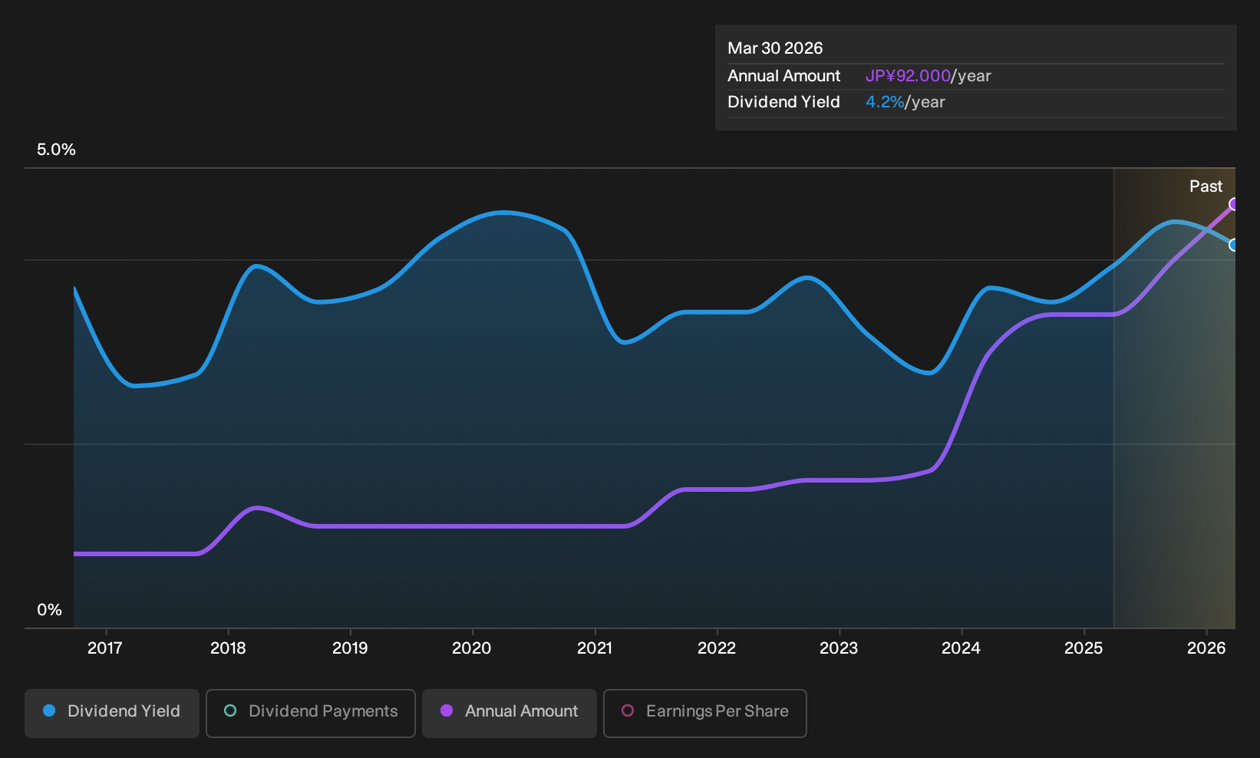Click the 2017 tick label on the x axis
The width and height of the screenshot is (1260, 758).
click(x=105, y=648)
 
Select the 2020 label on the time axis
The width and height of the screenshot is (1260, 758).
click(x=472, y=648)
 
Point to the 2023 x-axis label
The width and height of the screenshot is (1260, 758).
click(x=839, y=648)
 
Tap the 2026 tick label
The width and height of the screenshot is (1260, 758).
click(x=1206, y=648)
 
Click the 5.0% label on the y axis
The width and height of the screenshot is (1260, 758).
click(x=56, y=150)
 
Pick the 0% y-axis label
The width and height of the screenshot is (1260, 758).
click(x=50, y=610)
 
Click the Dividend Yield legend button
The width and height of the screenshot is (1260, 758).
click(x=112, y=713)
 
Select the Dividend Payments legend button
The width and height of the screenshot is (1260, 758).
click(x=311, y=713)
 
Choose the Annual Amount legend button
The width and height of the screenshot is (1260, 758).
click(x=509, y=713)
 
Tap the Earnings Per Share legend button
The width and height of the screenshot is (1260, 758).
click(x=704, y=713)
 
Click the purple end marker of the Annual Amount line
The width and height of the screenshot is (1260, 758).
click(x=1234, y=204)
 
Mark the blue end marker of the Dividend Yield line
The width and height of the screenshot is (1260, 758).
click(x=1234, y=246)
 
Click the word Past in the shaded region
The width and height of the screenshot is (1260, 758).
click(x=1206, y=186)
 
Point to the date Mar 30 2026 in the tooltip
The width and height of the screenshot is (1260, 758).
click(x=775, y=48)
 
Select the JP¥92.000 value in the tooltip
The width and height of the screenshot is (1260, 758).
click(x=908, y=76)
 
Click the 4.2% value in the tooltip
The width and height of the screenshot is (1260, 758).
click(x=885, y=102)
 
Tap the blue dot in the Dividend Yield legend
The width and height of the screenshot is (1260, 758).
click(x=50, y=710)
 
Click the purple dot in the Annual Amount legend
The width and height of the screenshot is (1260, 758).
click(x=447, y=710)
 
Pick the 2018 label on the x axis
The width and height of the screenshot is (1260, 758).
click(x=228, y=648)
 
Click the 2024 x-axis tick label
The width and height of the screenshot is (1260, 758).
click(x=961, y=648)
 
